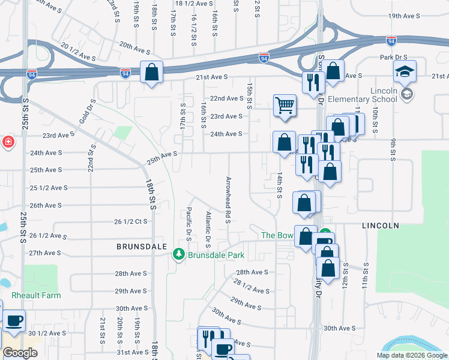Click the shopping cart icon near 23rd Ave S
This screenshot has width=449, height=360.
click(285, 106)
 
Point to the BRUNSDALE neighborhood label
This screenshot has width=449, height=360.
click(140, 247)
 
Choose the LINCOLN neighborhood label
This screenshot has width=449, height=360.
click(381, 226)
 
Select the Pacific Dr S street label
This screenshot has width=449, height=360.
click(189, 224)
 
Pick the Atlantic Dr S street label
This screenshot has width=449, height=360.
click(209, 230)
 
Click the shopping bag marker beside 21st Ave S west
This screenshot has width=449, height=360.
click(151, 73)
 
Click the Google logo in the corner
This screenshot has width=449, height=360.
click(20, 353)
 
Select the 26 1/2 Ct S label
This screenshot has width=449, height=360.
click(131, 221)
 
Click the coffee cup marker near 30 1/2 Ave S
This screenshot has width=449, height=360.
click(14, 320)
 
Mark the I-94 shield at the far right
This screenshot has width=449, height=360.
click(391, 40)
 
